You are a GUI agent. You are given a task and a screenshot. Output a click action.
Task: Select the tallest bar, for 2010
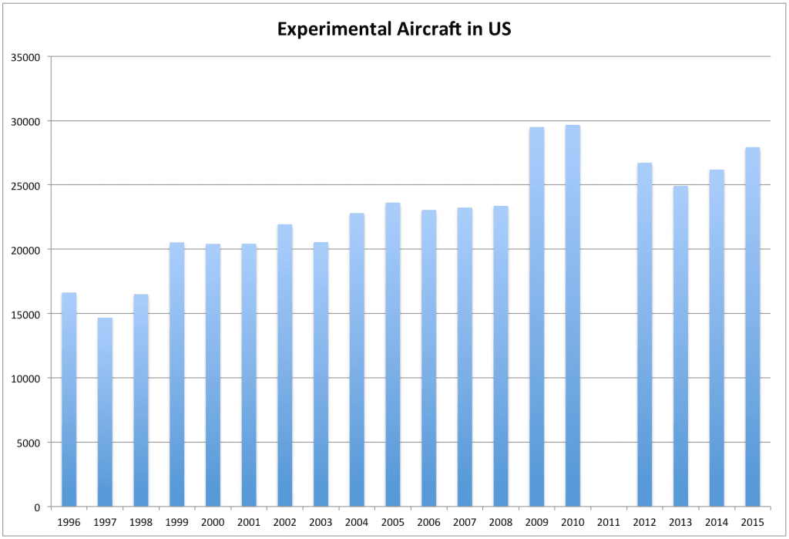coord(572,315)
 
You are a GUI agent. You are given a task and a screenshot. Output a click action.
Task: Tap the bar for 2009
coord(536,316)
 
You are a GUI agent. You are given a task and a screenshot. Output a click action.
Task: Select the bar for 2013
coord(680,346)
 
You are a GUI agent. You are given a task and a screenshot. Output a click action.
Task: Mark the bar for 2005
coord(392,355)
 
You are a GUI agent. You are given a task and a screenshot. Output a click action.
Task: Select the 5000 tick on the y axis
coord(31,443)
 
